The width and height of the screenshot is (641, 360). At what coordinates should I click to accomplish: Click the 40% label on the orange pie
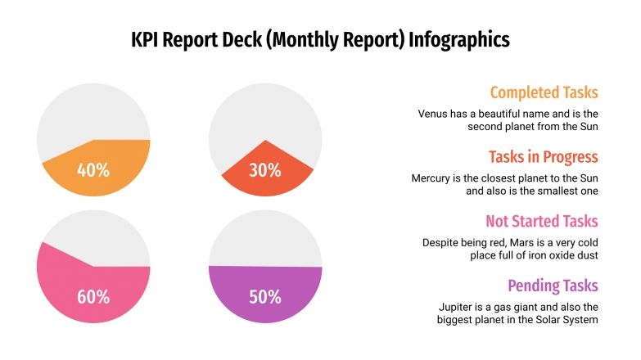click(x=93, y=170)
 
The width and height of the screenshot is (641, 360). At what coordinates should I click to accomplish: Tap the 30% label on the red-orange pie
click(x=264, y=170)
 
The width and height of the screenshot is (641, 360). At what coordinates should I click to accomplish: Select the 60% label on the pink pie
click(x=93, y=296)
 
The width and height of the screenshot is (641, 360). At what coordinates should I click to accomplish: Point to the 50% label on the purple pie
click(x=264, y=296)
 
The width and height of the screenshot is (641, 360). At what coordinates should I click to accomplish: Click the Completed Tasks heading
click(x=544, y=92)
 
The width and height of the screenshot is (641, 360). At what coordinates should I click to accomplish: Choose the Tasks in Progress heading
click(x=544, y=156)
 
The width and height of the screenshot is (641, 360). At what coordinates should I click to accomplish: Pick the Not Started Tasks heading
click(x=541, y=221)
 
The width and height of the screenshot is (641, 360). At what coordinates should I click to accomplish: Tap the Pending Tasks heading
click(x=553, y=286)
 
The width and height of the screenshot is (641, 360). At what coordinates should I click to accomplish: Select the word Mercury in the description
click(x=435, y=178)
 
